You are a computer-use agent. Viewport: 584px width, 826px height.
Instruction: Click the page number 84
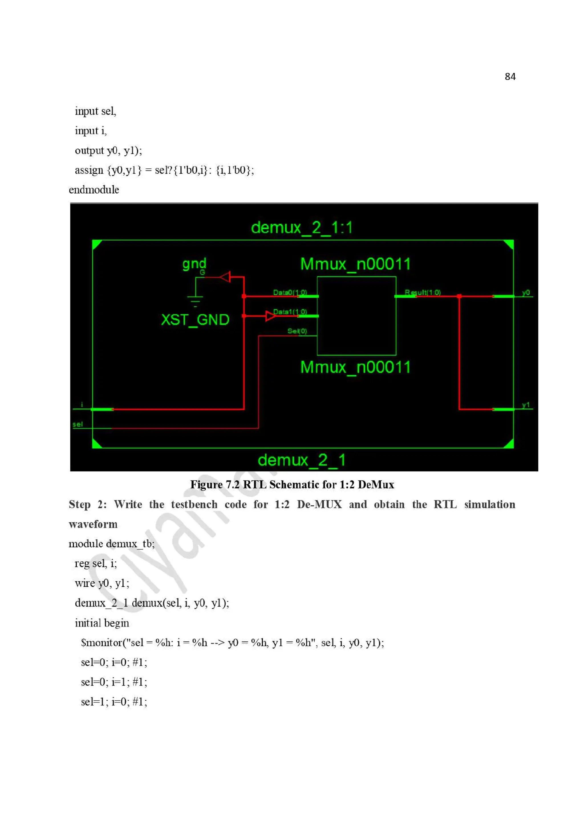pos(510,77)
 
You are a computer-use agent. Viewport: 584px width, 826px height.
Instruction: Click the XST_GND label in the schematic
pos(195,320)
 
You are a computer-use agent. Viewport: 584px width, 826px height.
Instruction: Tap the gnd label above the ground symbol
pos(194,264)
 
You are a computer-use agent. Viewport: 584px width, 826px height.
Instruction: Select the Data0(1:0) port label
pos(290,292)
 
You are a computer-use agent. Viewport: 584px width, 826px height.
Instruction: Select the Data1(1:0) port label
pos(290,312)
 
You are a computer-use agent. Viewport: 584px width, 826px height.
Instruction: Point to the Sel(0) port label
pos(297,331)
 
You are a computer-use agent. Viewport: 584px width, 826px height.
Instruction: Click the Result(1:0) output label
pos(422,292)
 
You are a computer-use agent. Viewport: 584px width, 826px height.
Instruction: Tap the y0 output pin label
pos(526,292)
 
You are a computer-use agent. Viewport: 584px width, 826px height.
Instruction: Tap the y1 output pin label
pos(526,405)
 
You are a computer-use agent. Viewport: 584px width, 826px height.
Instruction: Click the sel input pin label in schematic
pos(77,424)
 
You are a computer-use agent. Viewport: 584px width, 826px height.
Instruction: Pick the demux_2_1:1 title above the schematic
pos(301,227)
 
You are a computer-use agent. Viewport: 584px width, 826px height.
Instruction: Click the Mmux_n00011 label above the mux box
pos(355,264)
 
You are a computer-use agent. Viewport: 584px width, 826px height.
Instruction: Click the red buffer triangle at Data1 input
pos(270,316)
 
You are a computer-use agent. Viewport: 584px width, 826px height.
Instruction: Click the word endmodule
pos(94,190)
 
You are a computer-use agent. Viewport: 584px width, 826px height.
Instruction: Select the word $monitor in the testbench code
pos(102,642)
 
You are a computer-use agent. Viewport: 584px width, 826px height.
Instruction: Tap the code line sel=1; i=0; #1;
pos(114,701)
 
